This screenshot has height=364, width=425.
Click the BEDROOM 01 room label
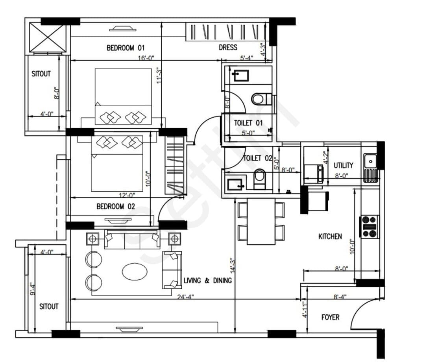point(126,48)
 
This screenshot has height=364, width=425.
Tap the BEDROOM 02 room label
point(116,207)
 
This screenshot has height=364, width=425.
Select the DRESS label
point(228,48)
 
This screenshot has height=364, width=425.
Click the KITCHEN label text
point(330,237)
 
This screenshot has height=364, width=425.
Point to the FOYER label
point(330,317)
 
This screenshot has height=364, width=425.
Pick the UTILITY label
point(343,165)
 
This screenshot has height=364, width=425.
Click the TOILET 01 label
point(248,123)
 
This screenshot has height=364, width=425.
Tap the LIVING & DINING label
point(208,281)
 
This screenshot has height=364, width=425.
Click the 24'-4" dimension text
point(185,297)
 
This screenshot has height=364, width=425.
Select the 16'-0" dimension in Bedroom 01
point(146,58)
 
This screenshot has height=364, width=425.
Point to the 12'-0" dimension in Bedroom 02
point(127,195)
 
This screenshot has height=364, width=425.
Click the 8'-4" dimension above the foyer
point(340,297)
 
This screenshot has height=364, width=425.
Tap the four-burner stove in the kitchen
point(369,227)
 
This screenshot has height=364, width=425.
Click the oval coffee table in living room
point(135,271)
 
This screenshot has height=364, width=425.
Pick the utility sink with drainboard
point(371,168)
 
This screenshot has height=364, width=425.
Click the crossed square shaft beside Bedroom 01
point(48,37)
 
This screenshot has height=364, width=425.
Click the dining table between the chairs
point(261,222)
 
